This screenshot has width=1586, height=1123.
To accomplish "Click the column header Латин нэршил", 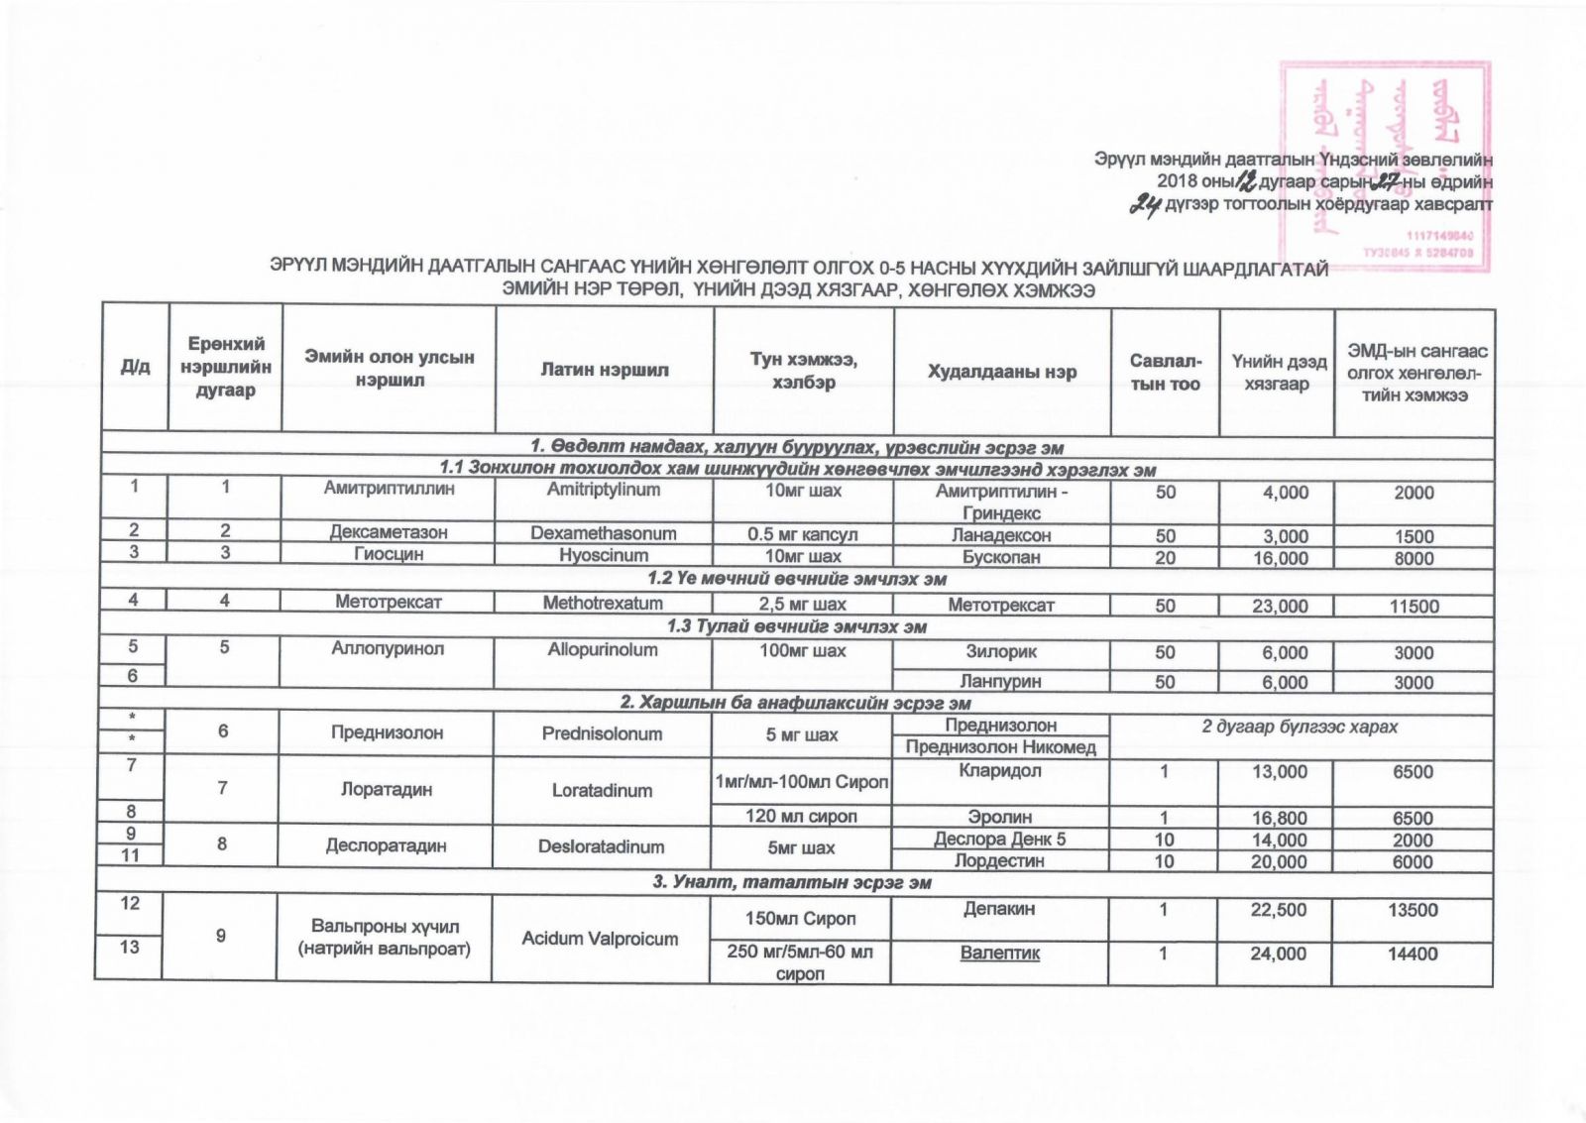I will (x=604, y=370).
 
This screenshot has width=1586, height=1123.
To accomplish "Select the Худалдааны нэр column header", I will (x=1001, y=372).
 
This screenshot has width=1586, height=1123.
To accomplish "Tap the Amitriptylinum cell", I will (x=604, y=490).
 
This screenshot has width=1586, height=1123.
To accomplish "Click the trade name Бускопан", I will (x=1001, y=558).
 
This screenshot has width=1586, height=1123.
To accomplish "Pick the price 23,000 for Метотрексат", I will (x=1279, y=606).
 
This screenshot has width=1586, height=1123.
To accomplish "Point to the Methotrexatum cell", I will (x=603, y=603).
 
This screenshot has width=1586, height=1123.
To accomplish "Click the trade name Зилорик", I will (x=1001, y=652).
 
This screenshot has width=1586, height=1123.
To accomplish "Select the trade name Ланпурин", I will (x=1001, y=682).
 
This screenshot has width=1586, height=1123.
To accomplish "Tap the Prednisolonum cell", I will (x=603, y=733).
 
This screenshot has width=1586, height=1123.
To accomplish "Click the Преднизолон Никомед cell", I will (x=1001, y=747).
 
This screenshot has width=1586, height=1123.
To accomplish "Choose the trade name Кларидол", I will (x=1001, y=771).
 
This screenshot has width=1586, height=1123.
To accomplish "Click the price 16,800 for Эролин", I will (x=1279, y=818).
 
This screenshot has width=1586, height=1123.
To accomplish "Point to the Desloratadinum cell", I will (x=603, y=847).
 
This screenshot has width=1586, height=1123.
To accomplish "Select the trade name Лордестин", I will (x=1001, y=861).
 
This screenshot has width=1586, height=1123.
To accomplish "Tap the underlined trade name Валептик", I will (x=1001, y=954).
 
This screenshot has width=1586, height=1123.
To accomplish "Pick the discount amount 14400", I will (x=1414, y=954).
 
